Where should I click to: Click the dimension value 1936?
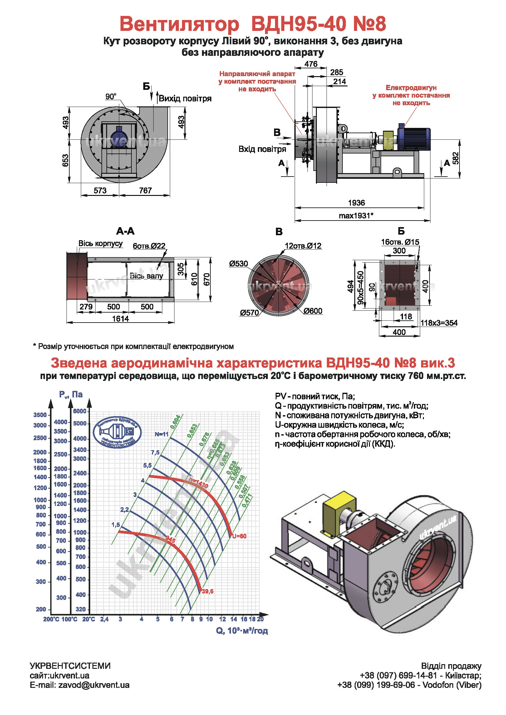coord(356,203)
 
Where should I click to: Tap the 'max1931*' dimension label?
coord(356,216)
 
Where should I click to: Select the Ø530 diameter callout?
coord(238,264)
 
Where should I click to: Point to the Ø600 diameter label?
coord(313,311)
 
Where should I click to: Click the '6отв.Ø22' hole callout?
coord(149,246)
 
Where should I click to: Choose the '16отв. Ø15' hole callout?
coord(400,242)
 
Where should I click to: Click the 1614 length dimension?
coord(120,319)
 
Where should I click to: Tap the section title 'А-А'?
coord(125,231)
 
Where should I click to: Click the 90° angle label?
coord(111,97)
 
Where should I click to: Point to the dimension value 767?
coord(145,190)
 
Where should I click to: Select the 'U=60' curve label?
coord(239,536)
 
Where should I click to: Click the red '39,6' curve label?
coord(208,591)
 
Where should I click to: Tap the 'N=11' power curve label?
coord(161,434)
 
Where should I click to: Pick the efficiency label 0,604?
coord(175,422)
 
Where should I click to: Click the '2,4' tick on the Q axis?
coord(104,619)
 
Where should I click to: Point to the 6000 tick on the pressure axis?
coord(80,411)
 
